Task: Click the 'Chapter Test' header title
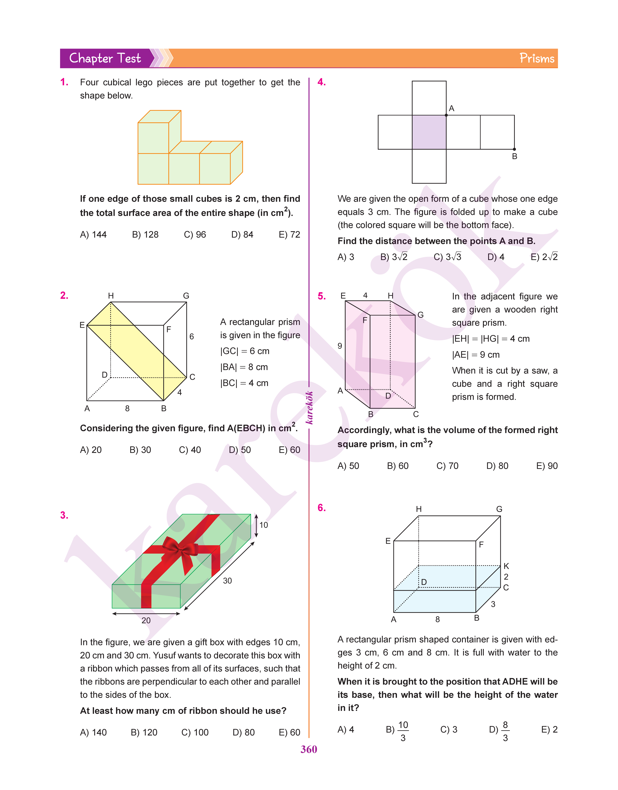tap(105, 58)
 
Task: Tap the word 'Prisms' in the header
tap(537, 58)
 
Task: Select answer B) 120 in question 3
tap(144, 732)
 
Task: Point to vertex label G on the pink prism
tap(420, 315)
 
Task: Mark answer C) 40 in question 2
tap(190, 450)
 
